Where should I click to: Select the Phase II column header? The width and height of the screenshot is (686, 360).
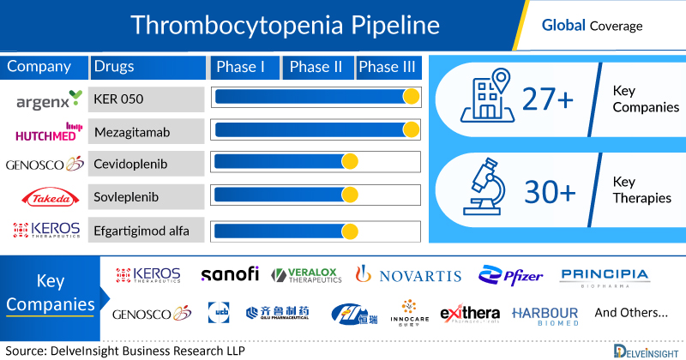tap(317, 68)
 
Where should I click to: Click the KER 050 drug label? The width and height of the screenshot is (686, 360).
tap(120, 99)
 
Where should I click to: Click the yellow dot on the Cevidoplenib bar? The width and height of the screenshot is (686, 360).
tap(350, 163)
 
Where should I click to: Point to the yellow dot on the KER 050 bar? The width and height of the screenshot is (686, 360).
tap(411, 98)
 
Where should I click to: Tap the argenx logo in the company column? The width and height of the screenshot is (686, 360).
tap(49, 99)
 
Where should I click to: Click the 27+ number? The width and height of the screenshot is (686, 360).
tap(551, 101)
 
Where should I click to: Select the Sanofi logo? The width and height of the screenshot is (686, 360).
tap(230, 274)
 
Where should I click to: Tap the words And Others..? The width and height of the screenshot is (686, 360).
tap(630, 313)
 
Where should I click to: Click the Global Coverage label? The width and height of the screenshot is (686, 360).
tap(592, 26)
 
